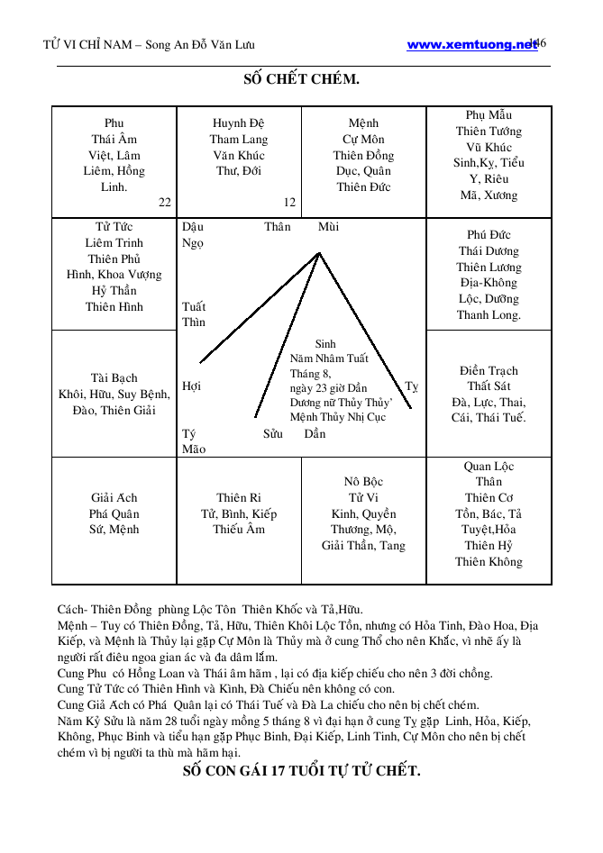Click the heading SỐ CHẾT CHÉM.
pyautogui.click(x=301, y=79)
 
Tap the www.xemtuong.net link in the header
pyautogui.click(x=471, y=44)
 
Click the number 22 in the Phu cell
pyautogui.click(x=165, y=203)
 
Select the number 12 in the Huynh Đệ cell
pyautogui.click(x=289, y=203)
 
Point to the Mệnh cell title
pyautogui.click(x=363, y=123)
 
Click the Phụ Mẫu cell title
pyautogui.click(x=489, y=115)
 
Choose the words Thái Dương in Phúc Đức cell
pyautogui.click(x=489, y=251)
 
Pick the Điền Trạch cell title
pyautogui.click(x=489, y=370)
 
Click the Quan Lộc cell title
pyautogui.click(x=489, y=466)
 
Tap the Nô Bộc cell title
pyautogui.click(x=363, y=482)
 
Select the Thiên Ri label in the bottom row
pyautogui.click(x=239, y=497)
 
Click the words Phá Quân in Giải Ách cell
pyautogui.click(x=114, y=513)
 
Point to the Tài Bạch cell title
pyautogui.click(x=114, y=377)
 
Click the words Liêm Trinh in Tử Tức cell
pyautogui.click(x=114, y=243)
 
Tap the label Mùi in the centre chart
pyautogui.click(x=328, y=227)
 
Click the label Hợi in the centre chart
pyautogui.click(x=191, y=386)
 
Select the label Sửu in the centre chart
pyautogui.click(x=273, y=434)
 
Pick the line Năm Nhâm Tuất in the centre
pyautogui.click(x=329, y=358)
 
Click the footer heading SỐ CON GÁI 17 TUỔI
pyautogui.click(x=301, y=771)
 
